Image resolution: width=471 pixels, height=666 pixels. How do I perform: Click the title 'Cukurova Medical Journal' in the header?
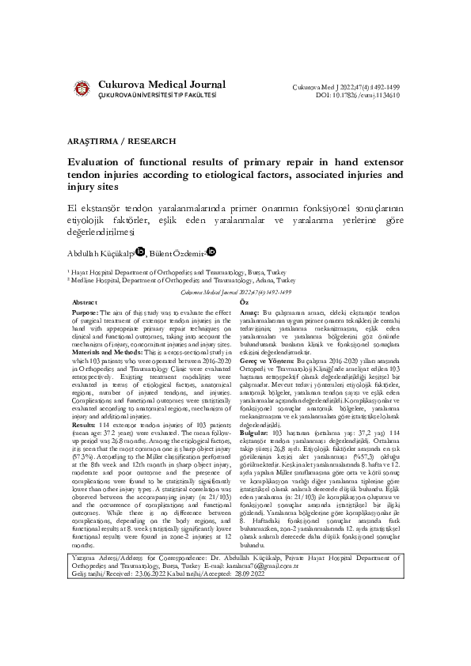click(161, 85)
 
